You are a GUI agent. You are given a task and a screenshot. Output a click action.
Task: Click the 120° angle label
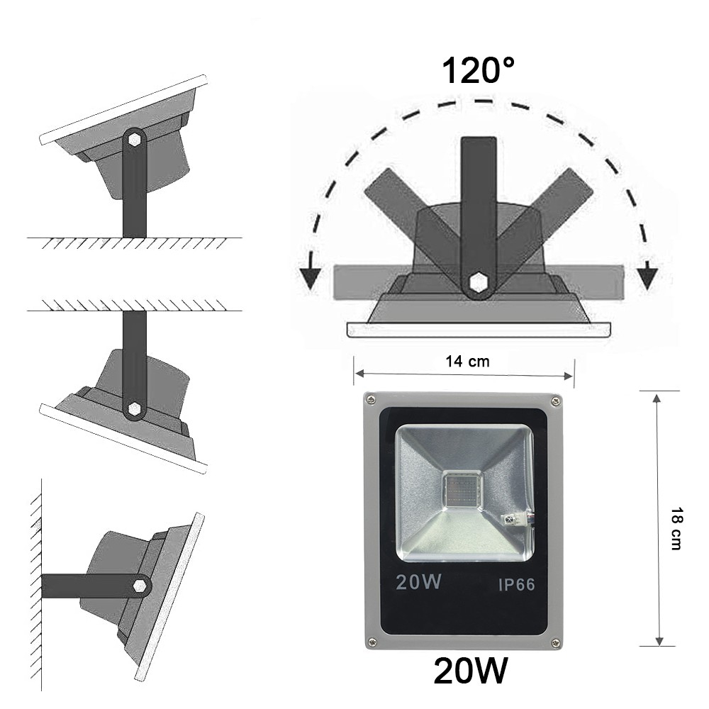tap(478, 71)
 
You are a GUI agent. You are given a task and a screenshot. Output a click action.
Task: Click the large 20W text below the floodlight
tap(471, 672)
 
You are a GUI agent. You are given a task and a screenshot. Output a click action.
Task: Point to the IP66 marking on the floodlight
tap(515, 585)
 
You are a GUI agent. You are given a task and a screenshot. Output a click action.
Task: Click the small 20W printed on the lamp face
tap(419, 583)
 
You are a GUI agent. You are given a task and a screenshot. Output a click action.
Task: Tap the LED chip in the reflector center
tap(462, 489)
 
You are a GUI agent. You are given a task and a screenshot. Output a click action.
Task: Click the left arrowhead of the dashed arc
tap(308, 277)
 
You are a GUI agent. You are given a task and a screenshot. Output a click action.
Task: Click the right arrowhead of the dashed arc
tap(647, 277)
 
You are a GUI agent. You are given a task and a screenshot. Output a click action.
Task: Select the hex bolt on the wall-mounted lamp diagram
tap(140, 586)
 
